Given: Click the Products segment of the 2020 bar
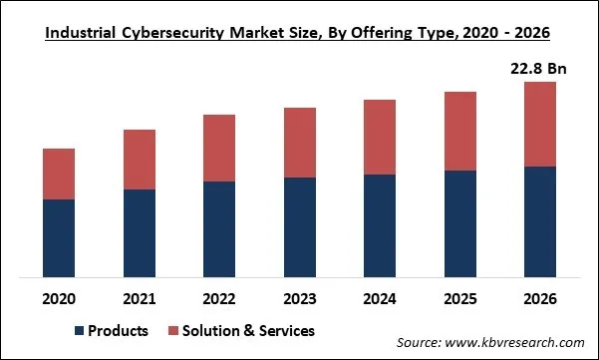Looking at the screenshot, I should (x=59, y=238).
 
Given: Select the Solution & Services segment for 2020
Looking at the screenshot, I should (x=59, y=174).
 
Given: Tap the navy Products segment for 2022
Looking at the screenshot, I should (x=219, y=229).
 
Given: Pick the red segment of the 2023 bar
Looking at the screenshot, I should (x=300, y=143).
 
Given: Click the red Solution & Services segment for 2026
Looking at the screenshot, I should (x=540, y=124).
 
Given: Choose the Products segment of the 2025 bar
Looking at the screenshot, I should (x=460, y=224).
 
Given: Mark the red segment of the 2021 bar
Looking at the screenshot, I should (x=140, y=160).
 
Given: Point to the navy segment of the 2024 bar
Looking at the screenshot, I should (x=380, y=226).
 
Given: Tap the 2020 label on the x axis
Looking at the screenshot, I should (x=59, y=298).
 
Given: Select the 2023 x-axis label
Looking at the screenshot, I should (x=300, y=298).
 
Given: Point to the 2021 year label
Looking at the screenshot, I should (x=140, y=298).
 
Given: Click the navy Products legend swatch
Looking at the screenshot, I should (x=79, y=330).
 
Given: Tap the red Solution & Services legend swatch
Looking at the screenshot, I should (x=172, y=330).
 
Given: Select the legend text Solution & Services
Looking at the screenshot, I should (x=249, y=330).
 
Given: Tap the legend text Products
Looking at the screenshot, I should (x=118, y=330).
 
